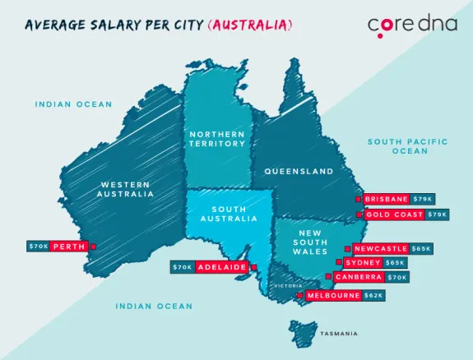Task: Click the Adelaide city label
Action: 221,267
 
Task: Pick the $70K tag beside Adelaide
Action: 182,267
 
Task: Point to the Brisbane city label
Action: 387,199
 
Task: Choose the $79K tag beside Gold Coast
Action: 438,215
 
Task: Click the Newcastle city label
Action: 381,248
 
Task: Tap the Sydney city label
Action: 363,263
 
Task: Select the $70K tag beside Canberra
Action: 397,278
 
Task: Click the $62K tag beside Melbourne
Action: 373,295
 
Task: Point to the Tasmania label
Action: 339,333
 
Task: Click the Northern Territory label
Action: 217,138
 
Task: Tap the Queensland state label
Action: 299,172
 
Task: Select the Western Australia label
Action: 125,189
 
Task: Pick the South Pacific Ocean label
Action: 408,146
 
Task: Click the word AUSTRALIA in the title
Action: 251,25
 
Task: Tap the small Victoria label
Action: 289,285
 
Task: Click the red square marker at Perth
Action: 93,246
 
